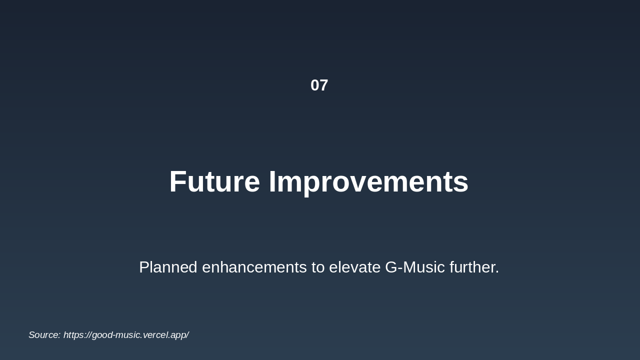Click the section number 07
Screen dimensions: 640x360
click(x=319, y=85)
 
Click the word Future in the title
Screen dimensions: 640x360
click(x=214, y=181)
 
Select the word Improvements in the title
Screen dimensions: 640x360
click(x=369, y=183)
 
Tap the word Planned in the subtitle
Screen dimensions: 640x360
click(x=168, y=267)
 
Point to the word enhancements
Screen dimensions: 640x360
click(x=254, y=267)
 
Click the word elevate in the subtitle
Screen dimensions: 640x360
click(x=355, y=267)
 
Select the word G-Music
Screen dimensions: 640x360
click(x=415, y=267)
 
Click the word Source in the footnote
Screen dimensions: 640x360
click(x=44, y=335)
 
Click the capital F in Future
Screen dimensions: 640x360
click(x=177, y=181)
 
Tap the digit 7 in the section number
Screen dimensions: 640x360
click(x=323, y=85)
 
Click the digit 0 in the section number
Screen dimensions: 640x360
click(x=315, y=85)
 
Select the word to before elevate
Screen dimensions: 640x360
click(x=318, y=268)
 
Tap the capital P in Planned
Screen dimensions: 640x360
click(x=144, y=267)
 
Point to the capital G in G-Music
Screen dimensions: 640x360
click(x=391, y=267)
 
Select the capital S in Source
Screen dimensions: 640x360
click(x=32, y=335)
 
